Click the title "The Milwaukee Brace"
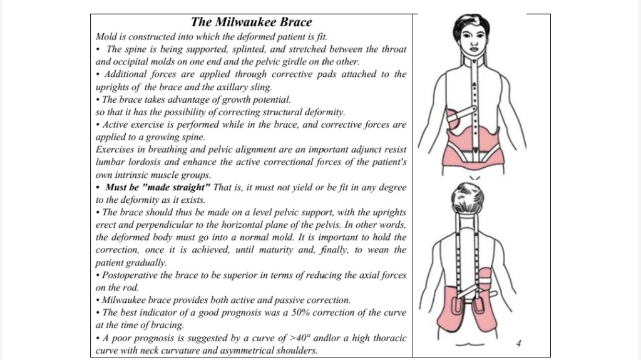click(251, 23)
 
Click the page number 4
click(519, 342)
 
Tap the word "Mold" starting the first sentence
click(107, 37)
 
